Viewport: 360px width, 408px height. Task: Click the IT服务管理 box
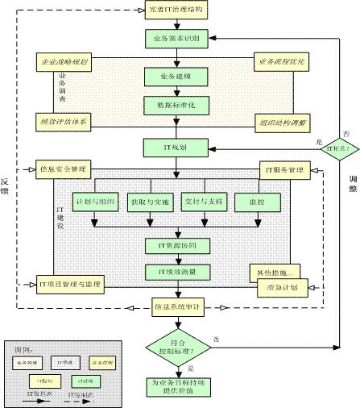point(284,169)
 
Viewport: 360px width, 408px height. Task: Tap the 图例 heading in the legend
point(24,348)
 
